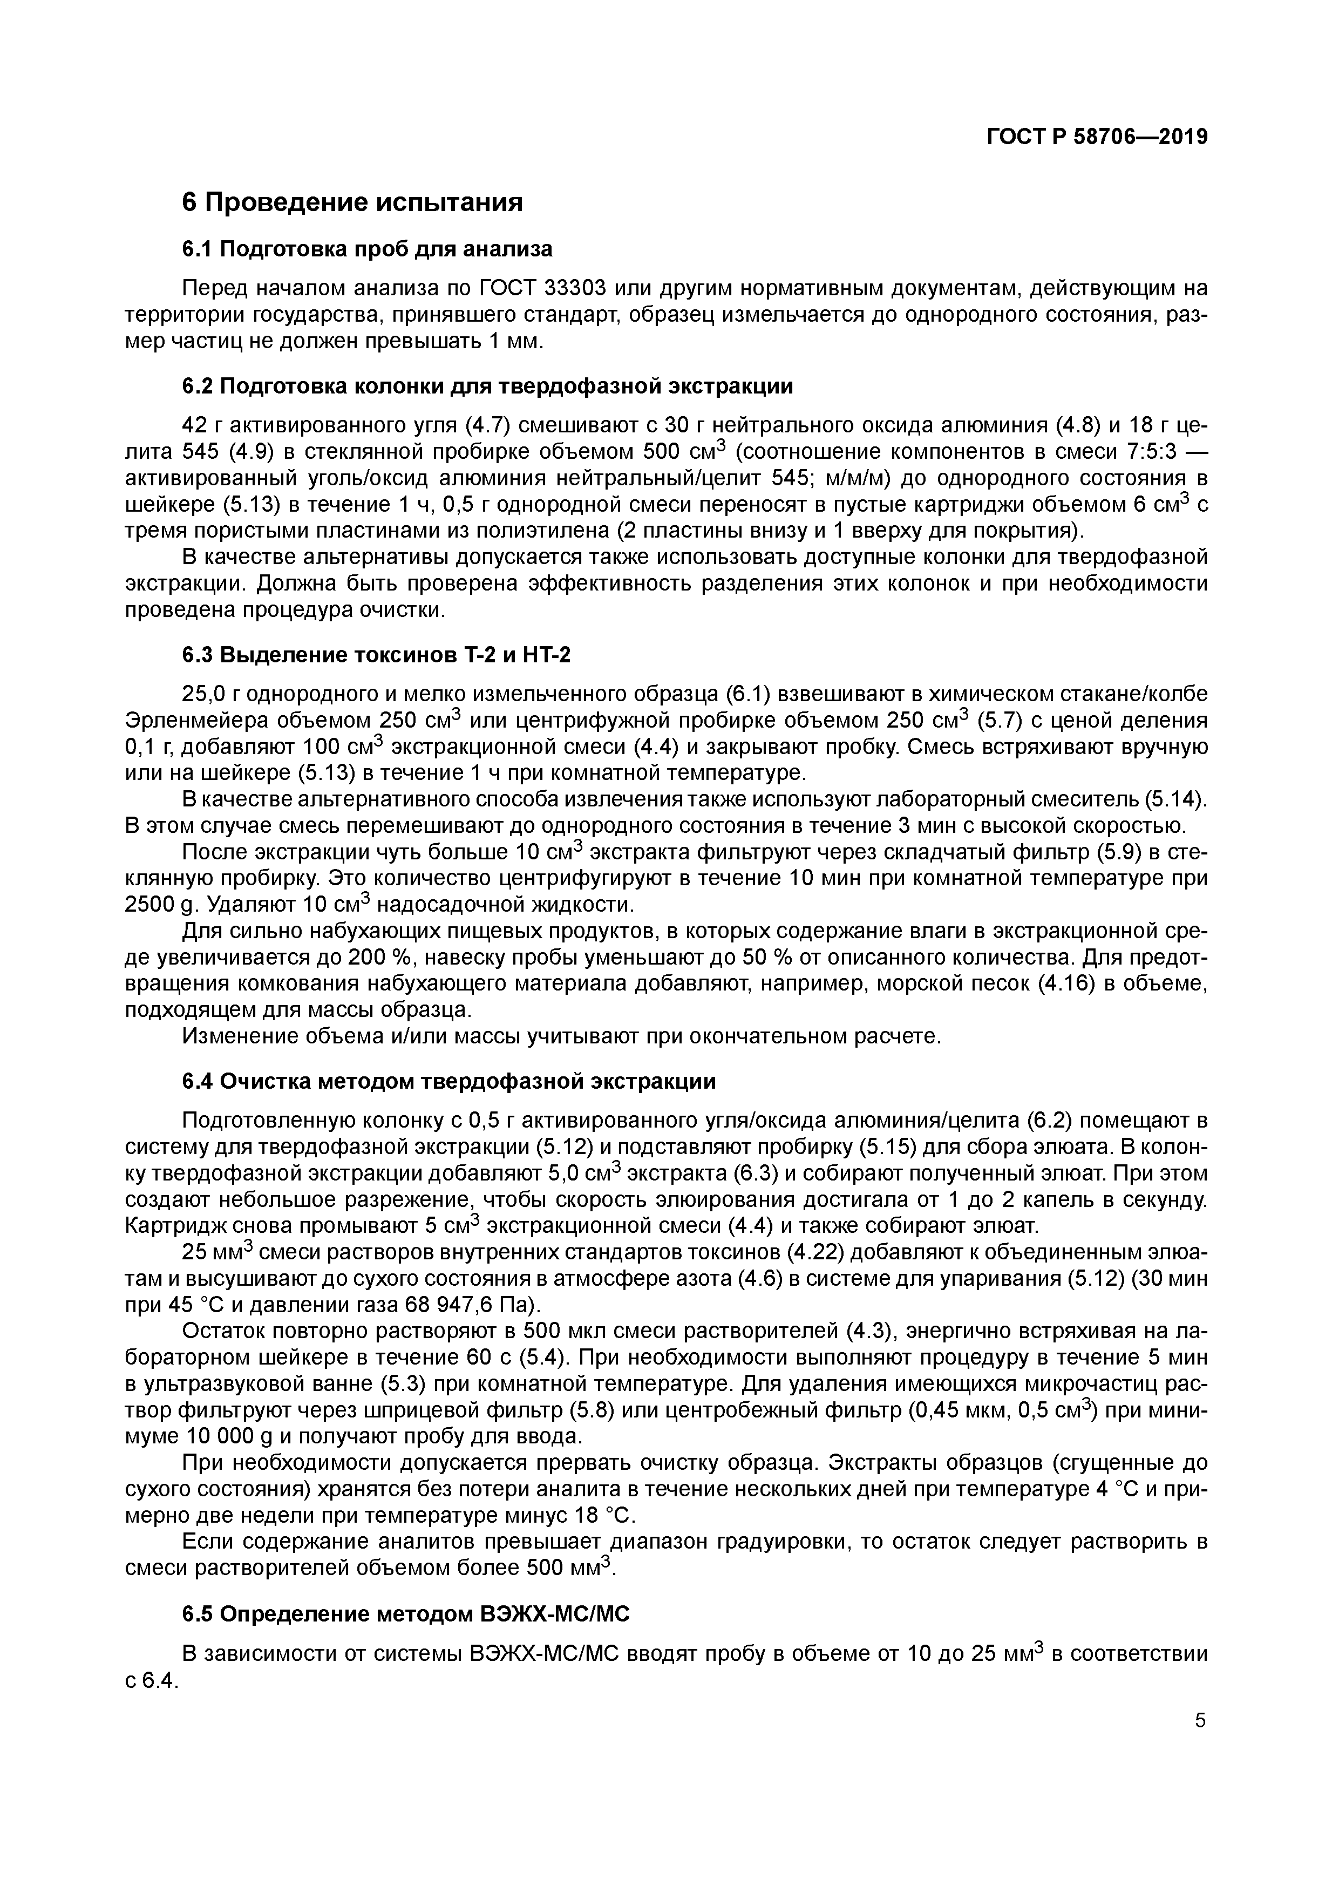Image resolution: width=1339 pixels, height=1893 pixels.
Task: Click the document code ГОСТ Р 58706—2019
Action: coord(1097,137)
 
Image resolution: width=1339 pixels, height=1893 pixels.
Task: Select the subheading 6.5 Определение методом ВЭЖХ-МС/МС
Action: coord(406,1614)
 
